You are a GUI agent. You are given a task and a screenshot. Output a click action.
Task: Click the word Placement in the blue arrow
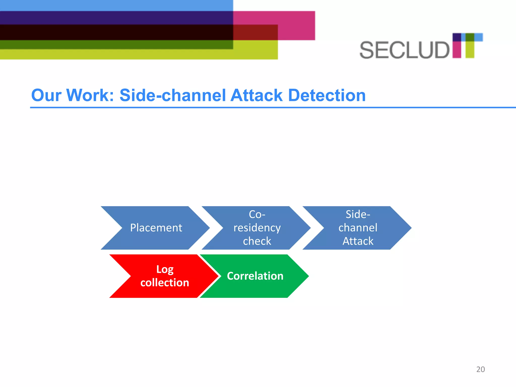click(156, 228)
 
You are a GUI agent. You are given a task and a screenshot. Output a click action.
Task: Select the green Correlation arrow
click(255, 276)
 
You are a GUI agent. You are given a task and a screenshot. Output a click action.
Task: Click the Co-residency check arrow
click(257, 228)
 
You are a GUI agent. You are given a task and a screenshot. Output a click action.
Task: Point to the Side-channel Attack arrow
click(358, 228)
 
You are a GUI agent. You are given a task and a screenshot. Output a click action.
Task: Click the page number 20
click(480, 369)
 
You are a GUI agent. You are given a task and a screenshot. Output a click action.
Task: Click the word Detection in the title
click(327, 95)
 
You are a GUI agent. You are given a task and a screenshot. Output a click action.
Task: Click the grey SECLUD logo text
click(404, 50)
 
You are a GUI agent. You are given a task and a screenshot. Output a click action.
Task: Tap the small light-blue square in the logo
click(479, 37)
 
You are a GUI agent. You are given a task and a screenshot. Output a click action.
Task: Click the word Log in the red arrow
click(165, 269)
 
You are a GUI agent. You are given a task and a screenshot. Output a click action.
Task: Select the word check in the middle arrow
click(257, 241)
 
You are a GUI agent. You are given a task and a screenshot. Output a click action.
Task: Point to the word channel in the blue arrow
click(358, 228)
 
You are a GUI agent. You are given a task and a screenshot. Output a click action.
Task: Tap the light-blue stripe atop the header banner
click(116, 5)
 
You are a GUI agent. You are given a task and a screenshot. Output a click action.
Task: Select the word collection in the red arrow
click(165, 283)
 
